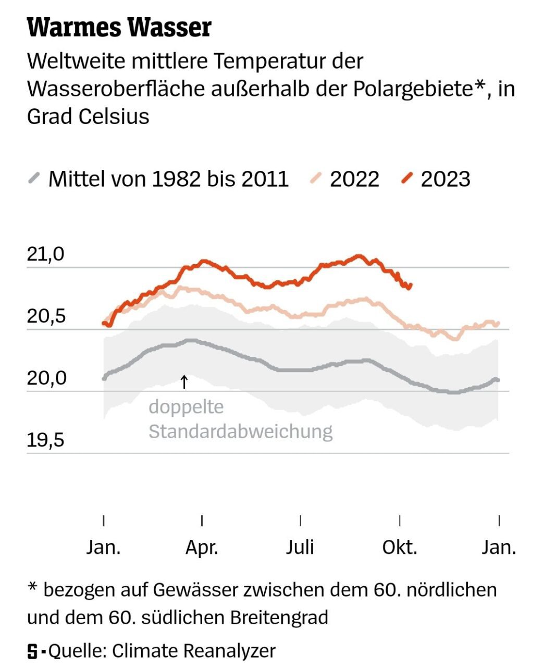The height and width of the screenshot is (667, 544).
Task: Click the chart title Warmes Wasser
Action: coord(119,27)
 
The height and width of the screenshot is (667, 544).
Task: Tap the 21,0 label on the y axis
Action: coord(46,254)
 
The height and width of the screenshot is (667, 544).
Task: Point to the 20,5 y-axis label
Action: coord(46,316)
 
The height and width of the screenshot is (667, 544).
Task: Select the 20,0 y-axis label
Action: coord(46,378)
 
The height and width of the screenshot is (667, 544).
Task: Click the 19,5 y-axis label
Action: coord(46,440)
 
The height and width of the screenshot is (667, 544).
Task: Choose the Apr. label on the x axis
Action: coord(202,548)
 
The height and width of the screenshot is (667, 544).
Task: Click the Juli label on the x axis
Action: coord(300,548)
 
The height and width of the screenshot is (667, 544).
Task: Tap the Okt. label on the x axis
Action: coord(400,548)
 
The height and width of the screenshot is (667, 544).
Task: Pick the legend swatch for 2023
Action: coord(407,179)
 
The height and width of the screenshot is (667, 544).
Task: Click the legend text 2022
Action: coord(354,179)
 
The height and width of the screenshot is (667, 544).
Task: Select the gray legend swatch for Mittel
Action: coord(34,179)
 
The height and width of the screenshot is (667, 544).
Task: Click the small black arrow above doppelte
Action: coord(183,381)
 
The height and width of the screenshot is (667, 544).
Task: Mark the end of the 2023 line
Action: coord(411,285)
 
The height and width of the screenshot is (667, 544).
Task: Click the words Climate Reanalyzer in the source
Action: coord(193,651)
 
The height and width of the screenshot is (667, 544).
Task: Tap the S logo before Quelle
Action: coord(33,651)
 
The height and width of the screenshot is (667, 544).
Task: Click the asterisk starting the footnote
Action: coord(32,589)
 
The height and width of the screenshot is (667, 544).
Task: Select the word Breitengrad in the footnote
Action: coord(279,617)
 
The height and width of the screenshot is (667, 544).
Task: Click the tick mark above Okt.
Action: coord(400,521)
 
